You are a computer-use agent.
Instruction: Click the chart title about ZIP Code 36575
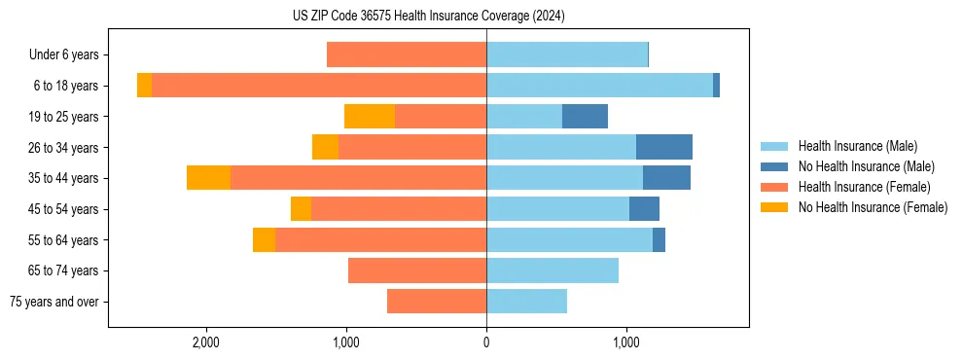tap(428, 16)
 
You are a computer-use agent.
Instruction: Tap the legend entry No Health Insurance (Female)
tap(873, 207)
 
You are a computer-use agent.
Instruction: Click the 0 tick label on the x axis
tap(486, 342)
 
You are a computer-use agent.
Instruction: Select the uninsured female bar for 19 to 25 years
tap(370, 117)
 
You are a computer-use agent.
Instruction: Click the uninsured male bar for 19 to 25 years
tap(585, 117)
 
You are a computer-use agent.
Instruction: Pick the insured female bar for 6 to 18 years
tap(319, 86)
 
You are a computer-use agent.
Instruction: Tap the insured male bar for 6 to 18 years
tap(599, 86)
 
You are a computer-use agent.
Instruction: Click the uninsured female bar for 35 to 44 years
tap(208, 178)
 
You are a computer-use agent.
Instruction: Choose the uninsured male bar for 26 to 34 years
tap(664, 147)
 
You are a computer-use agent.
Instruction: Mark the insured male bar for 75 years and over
tap(526, 302)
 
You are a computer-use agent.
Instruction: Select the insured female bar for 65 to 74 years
tap(417, 270)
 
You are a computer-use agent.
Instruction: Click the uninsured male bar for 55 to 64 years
tap(659, 239)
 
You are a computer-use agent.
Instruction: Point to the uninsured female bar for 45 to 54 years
tap(301, 209)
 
